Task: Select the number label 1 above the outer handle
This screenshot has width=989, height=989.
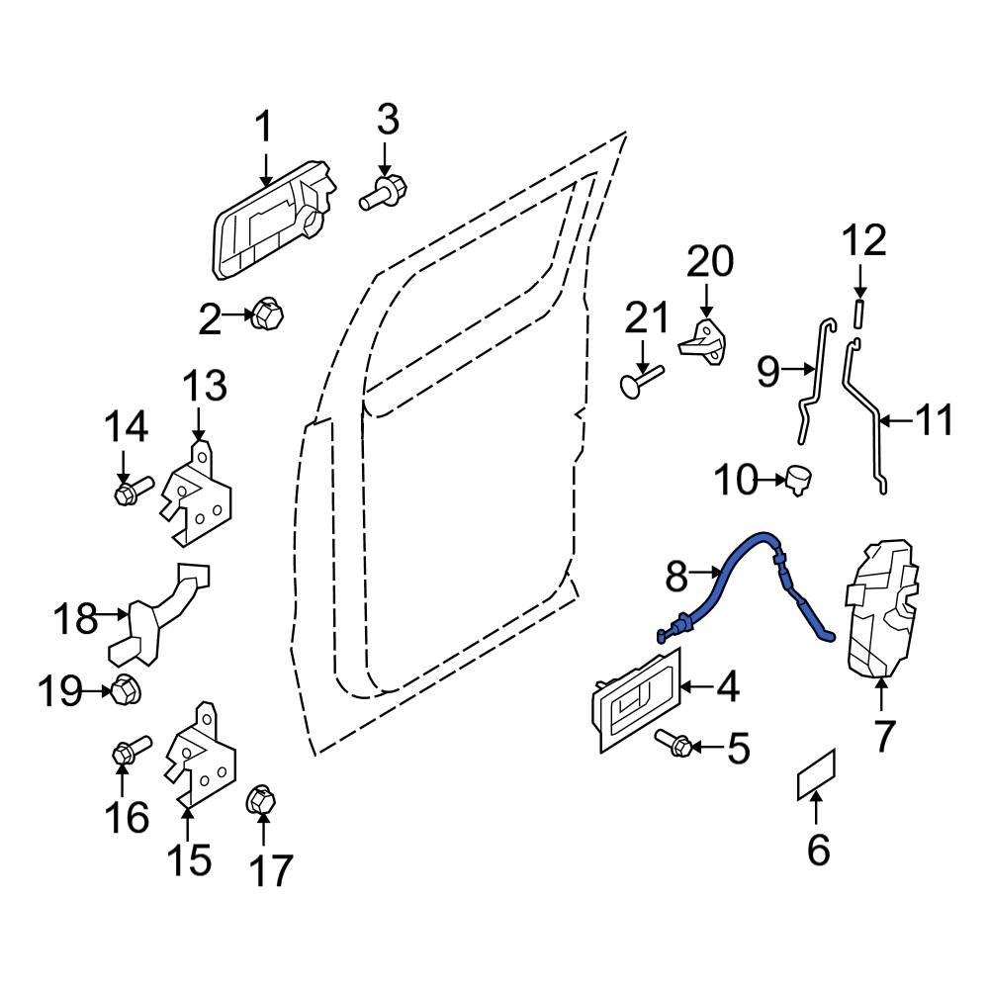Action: pos(264,128)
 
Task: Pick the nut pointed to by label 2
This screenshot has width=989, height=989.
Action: pos(266,315)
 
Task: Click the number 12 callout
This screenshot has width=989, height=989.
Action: pos(863,241)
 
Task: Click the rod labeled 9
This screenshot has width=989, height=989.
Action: pos(812,381)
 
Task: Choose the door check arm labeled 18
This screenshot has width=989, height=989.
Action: pos(158,618)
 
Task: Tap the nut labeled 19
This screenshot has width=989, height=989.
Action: pos(125,690)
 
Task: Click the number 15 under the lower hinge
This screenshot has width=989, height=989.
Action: pos(188,859)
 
